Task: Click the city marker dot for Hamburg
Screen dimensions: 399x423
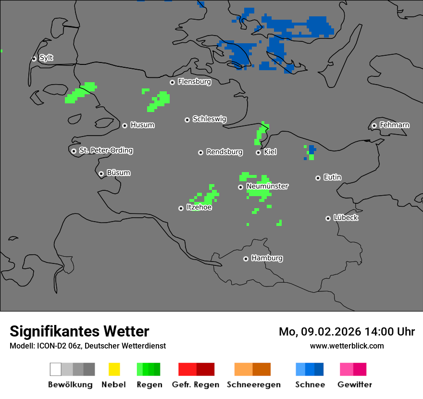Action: coord(246,259)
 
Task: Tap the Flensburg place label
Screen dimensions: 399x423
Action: coord(194,82)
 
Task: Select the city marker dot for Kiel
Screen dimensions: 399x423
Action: coord(258,152)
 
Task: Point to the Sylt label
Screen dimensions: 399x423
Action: coord(46,58)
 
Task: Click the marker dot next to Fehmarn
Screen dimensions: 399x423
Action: coord(374,125)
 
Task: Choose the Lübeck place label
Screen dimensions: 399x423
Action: coord(346,218)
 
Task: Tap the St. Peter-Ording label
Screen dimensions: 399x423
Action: coord(106,150)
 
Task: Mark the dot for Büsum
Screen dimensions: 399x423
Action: coord(101,174)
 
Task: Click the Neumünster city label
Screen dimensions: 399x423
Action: coord(267,186)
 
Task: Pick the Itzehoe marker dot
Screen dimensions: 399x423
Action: coord(181,208)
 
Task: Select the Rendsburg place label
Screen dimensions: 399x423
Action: coord(224,152)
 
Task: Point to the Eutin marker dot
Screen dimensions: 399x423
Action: coord(318,178)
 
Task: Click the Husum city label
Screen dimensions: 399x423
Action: coord(142,125)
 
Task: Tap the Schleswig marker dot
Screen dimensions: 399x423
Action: coord(187,120)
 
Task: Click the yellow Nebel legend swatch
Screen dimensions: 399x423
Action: coord(114,369)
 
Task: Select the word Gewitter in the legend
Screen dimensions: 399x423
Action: coord(355,385)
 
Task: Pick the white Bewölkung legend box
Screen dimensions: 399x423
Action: coord(55,369)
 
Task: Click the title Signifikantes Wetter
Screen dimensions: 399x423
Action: coord(79,331)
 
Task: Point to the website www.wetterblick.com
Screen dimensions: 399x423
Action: coord(347,346)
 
